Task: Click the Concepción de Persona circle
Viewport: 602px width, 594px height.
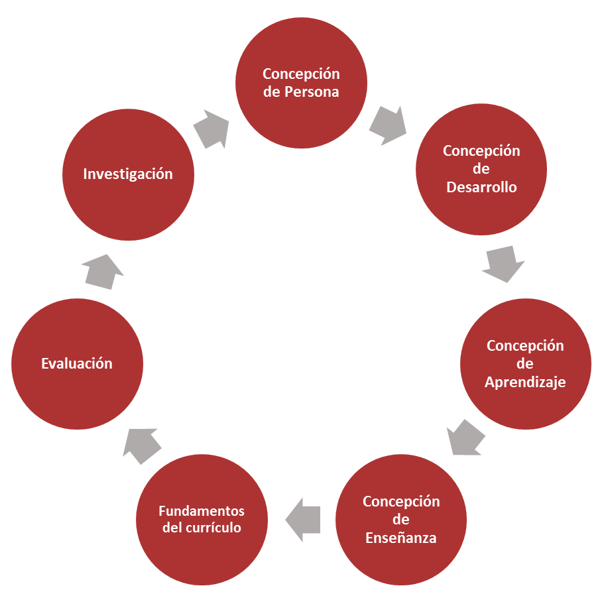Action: click(x=301, y=82)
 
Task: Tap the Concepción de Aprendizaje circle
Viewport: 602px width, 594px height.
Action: click(x=525, y=364)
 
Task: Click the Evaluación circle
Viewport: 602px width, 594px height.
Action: click(x=77, y=364)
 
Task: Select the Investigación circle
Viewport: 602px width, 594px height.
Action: click(x=127, y=174)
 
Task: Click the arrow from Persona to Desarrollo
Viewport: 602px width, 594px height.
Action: click(x=387, y=125)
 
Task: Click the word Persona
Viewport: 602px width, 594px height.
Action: click(x=312, y=92)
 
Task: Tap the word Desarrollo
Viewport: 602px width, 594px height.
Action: click(x=481, y=187)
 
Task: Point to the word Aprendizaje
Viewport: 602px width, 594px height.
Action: click(x=525, y=383)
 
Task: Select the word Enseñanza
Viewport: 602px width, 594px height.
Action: click(x=401, y=538)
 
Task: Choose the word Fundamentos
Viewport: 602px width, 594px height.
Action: click(x=202, y=511)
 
